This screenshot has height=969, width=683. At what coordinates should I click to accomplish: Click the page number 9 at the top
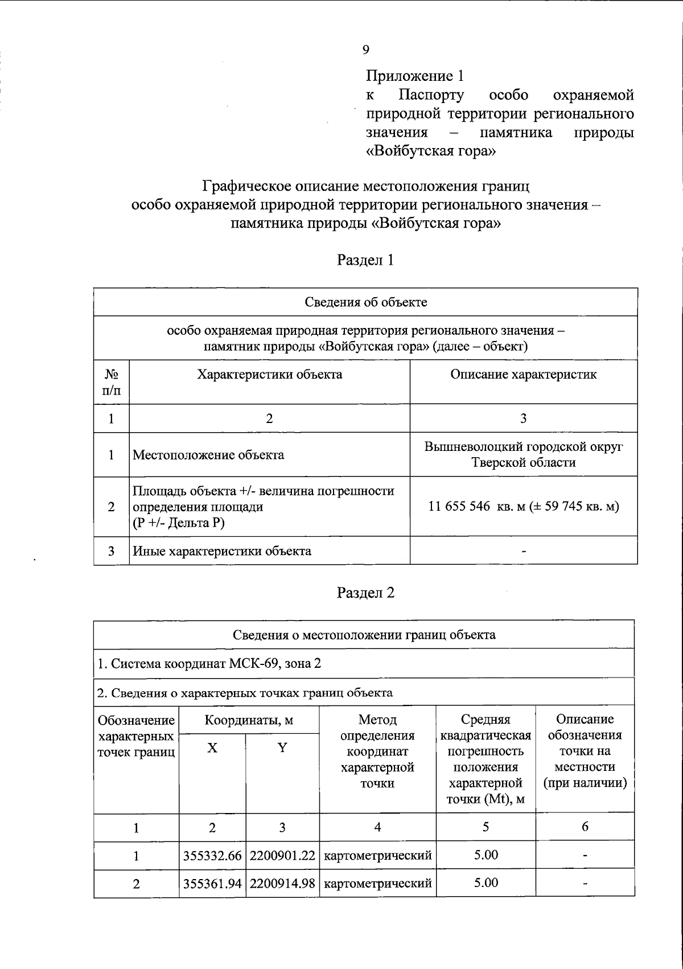pos(365,50)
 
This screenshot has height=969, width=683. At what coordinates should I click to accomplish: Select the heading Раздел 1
pos(365,260)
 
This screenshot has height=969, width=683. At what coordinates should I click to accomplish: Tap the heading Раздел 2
pos(365,593)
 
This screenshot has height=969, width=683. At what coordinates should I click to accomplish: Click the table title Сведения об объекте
pos(365,302)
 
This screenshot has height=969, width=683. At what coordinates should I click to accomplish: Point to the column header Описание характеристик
pos(523,374)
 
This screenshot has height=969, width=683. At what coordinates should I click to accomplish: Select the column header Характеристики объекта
pos(269,374)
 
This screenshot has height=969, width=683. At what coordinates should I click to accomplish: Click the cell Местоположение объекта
pos(208,455)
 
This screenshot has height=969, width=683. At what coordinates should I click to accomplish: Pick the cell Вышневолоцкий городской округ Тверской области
pos(523,454)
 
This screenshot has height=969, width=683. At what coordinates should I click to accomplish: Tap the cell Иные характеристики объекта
pos(222,551)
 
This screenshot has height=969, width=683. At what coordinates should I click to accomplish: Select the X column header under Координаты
pos(212,748)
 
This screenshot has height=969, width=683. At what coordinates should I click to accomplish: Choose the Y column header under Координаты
pos(282,748)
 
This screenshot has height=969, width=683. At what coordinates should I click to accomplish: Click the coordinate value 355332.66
pos(212,856)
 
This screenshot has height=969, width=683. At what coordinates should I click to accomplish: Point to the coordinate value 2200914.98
pos(282,884)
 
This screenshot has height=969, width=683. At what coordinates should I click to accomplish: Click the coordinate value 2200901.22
pos(282,856)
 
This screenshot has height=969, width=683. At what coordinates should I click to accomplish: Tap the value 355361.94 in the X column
pos(212,884)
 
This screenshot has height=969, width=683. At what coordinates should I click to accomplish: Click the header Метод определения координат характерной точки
pos(377,752)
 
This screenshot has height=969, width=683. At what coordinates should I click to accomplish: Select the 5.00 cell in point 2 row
pos(485,883)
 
